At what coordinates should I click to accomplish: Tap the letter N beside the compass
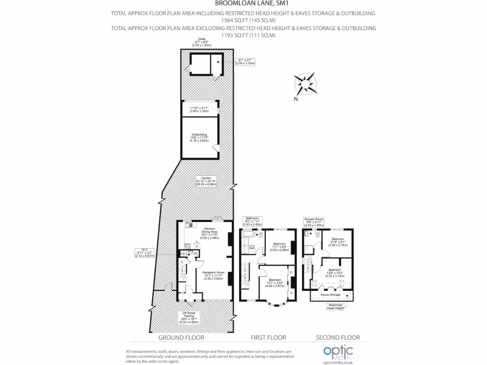295,99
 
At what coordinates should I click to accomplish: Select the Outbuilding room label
199,137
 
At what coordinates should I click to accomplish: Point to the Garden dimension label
205,181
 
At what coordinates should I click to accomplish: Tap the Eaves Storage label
330,295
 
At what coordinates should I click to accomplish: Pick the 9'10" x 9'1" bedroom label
338,241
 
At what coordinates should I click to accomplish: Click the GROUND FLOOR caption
181,337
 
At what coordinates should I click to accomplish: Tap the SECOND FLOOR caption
338,337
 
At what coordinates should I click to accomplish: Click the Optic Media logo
337,352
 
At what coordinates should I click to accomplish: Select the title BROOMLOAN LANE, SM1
243,5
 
